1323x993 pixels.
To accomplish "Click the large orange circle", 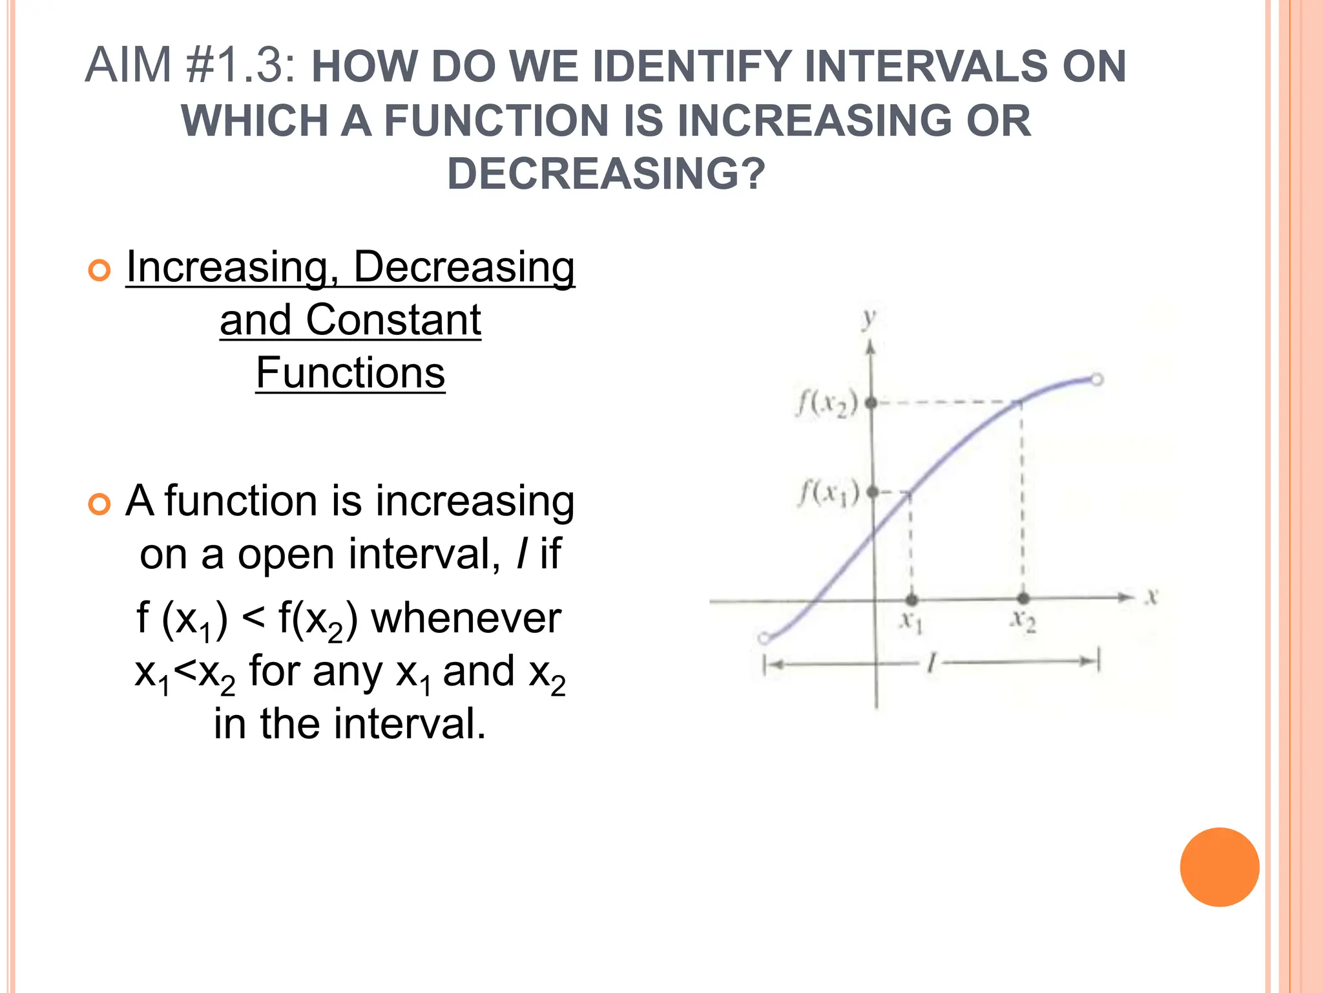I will point(1219,867).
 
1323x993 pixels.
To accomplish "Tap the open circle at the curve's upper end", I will point(1096,379).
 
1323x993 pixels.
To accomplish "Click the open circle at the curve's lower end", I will point(764,639).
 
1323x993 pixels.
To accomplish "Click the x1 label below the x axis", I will point(912,622).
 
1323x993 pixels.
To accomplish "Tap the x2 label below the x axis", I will point(1023,621).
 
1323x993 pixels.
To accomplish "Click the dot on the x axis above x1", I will point(912,599).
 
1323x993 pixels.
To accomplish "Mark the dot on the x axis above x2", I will point(1023,599).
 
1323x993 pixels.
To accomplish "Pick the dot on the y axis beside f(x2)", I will point(871,403).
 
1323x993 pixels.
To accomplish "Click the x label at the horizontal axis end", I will point(1152,596).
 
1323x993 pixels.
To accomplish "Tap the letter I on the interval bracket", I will point(931,663).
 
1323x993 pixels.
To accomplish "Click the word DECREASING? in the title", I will point(606,174).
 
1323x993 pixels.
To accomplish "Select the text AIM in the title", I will point(129,65).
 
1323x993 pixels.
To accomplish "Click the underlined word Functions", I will point(350,373).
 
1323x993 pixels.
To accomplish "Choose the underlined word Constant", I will point(393,320).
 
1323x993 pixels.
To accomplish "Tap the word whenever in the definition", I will point(466,618).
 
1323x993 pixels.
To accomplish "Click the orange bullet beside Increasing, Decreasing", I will point(99,270).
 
